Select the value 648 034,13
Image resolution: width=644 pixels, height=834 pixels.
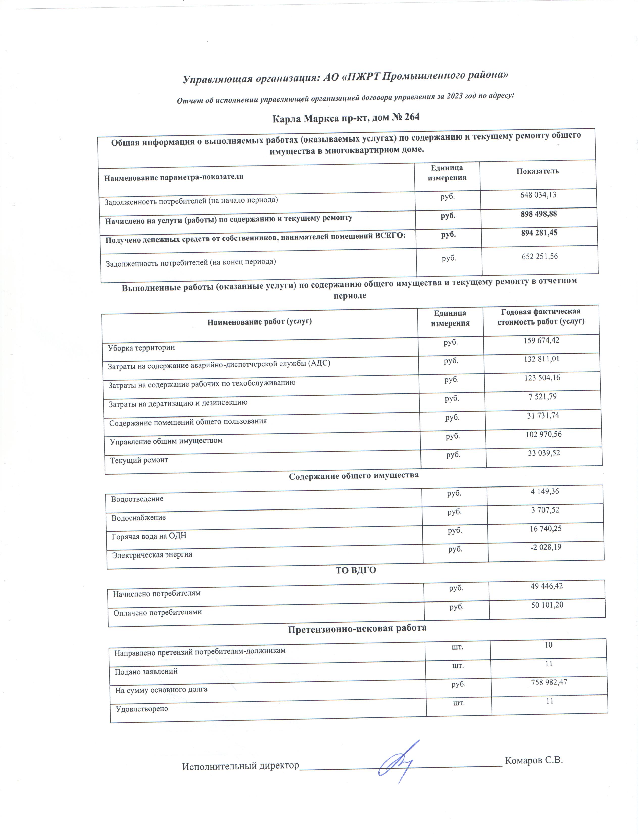click(538, 195)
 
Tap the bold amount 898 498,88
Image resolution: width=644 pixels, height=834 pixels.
click(539, 214)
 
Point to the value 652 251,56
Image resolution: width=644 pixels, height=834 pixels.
click(539, 256)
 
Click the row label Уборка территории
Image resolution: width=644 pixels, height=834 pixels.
click(141, 347)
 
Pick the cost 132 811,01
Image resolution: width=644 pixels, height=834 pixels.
click(541, 359)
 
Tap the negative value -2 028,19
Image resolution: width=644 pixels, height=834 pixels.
click(545, 547)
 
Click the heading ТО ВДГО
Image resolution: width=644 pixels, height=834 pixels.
click(356, 570)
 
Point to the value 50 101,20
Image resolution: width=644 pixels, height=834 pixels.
click(547, 605)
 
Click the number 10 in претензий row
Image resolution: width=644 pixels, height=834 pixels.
click(548, 645)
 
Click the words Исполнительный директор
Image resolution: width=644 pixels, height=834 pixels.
click(240, 766)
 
